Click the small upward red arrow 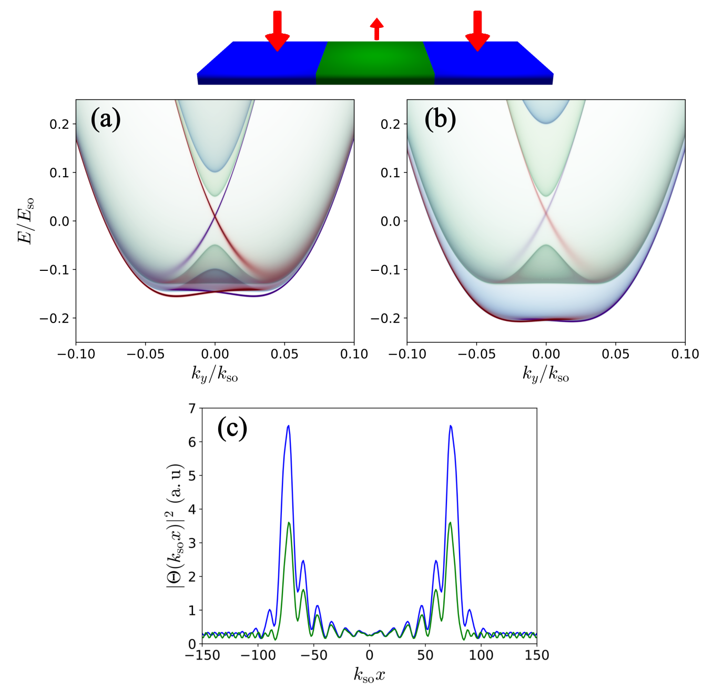point(376,28)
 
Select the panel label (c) point(232,429)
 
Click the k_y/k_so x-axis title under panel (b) point(545,374)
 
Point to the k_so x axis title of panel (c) point(369,675)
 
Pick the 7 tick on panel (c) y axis point(192,409)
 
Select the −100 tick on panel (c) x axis point(258,655)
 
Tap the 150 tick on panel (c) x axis point(536,655)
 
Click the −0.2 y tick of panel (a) point(56,318)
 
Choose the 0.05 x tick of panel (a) point(284,354)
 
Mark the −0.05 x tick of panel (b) point(476,354)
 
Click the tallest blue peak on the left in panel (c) point(288,426)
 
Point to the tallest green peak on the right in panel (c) point(450,523)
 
